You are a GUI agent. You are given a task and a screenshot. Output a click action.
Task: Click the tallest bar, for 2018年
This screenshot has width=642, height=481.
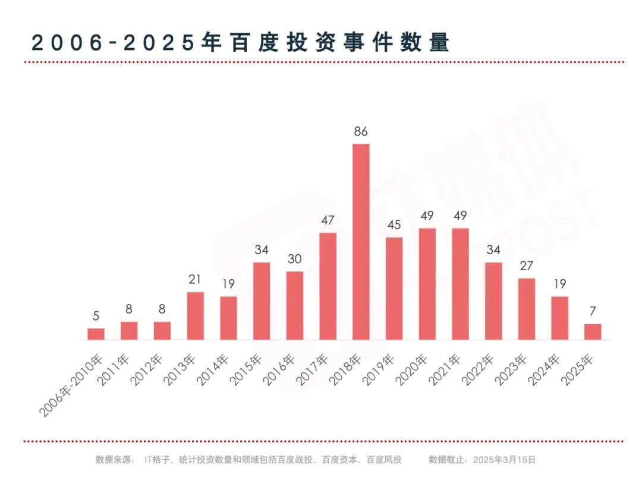click(361, 242)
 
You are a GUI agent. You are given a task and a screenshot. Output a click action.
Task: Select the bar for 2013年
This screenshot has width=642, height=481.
click(196, 316)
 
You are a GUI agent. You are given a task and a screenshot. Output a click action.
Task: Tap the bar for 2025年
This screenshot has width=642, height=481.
click(593, 332)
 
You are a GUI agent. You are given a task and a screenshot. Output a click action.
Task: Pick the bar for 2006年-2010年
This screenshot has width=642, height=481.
click(96, 334)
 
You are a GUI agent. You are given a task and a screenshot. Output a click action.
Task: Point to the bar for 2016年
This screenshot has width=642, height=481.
click(295, 306)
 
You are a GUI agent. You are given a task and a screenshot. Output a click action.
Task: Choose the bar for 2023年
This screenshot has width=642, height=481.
click(526, 309)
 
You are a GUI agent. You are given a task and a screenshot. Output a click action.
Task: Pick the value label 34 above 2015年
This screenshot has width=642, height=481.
click(262, 251)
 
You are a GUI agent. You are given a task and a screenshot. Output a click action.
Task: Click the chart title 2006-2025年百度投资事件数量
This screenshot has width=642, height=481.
click(240, 43)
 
